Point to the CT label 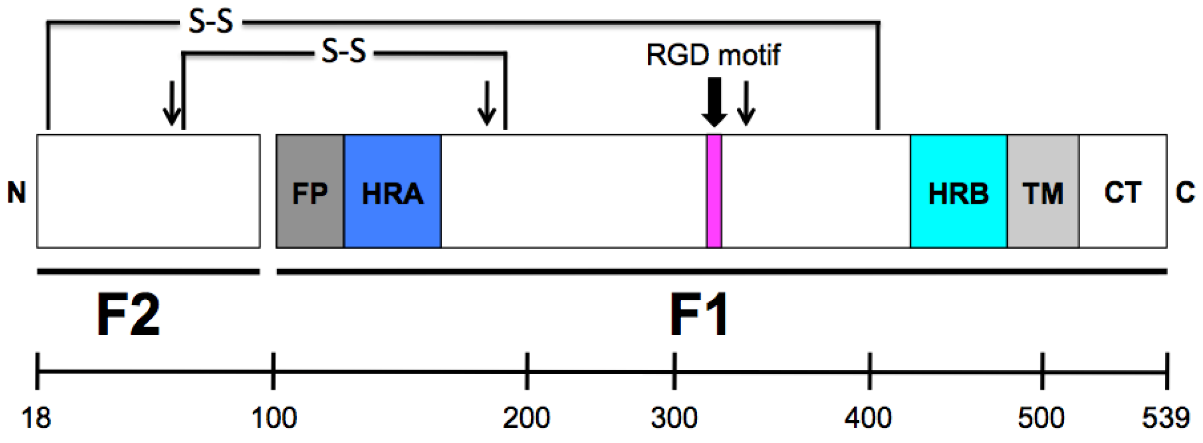pyautogui.click(x=1122, y=192)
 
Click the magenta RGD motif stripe pyautogui.click(x=714, y=191)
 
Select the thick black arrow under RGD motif pyautogui.click(x=714, y=102)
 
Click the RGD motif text pyautogui.click(x=713, y=55)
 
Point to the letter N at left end pyautogui.click(x=17, y=192)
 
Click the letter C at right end pyautogui.click(x=1185, y=192)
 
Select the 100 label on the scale pyautogui.click(x=274, y=418)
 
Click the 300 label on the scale pyautogui.click(x=674, y=418)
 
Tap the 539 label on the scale pyautogui.click(x=1165, y=418)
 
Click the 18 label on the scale pyautogui.click(x=36, y=418)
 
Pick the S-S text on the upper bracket pyautogui.click(x=211, y=22)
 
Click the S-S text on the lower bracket pyautogui.click(x=343, y=52)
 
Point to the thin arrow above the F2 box pyautogui.click(x=172, y=102)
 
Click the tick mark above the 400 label pyautogui.click(x=870, y=371)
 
